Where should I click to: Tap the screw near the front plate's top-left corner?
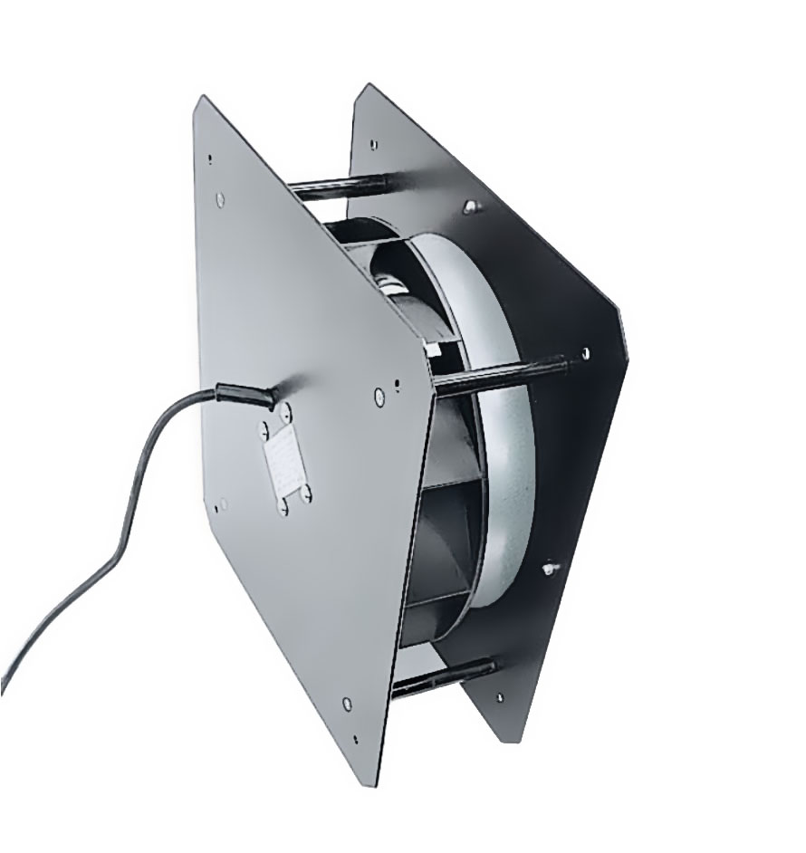click(x=220, y=198)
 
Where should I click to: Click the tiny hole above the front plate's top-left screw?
click(x=210, y=159)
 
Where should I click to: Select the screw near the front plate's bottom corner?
click(x=348, y=703)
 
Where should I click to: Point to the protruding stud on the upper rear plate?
click(x=470, y=206)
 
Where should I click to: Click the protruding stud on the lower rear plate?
click(x=550, y=568)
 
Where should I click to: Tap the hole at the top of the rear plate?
click(x=373, y=143)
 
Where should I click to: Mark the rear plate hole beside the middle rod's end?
click(x=585, y=353)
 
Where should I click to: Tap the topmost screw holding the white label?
click(x=288, y=413)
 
